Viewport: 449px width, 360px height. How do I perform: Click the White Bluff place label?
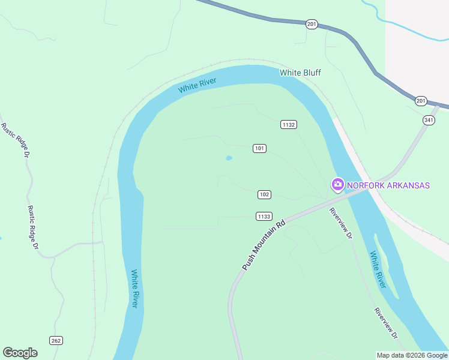pyautogui.click(x=300, y=73)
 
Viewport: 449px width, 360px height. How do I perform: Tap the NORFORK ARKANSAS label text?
pyautogui.click(x=388, y=185)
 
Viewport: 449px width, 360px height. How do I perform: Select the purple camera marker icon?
pyautogui.click(x=337, y=185)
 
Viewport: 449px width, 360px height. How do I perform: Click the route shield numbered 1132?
pyautogui.click(x=289, y=124)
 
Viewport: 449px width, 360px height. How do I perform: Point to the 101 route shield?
pyautogui.click(x=259, y=148)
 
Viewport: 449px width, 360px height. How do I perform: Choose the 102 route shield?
pyautogui.click(x=264, y=194)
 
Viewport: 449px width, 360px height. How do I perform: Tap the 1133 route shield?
pyautogui.click(x=264, y=216)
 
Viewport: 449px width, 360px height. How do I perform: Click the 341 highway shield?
pyautogui.click(x=428, y=120)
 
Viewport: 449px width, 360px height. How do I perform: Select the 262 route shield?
pyautogui.click(x=56, y=341)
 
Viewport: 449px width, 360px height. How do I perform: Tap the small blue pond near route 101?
pyautogui.click(x=229, y=158)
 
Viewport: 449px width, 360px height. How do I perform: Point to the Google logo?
pyautogui.click(x=20, y=353)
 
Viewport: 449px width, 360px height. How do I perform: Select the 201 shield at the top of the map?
pyautogui.click(x=311, y=24)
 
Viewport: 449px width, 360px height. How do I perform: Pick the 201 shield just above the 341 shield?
pyautogui.click(x=420, y=100)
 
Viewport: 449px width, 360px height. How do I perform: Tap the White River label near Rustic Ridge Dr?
pyautogui.click(x=134, y=289)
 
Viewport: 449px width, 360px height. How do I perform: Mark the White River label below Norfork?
pyautogui.click(x=377, y=269)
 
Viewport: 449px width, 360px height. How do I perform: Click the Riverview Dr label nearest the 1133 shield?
pyautogui.click(x=340, y=223)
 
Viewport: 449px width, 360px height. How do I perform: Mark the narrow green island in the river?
pyautogui.click(x=384, y=264)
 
